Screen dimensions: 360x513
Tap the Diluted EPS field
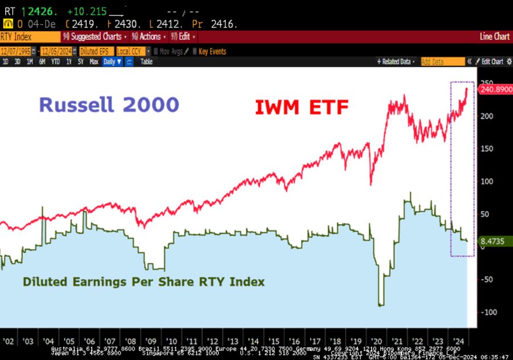pyautogui.click(x=94, y=51)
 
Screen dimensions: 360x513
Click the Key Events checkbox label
pyautogui.click(x=212, y=51)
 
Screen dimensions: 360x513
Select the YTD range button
pyautogui.click(x=55, y=62)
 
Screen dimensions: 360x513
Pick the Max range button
pyautogui.click(x=94, y=62)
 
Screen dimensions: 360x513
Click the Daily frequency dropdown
pyautogui.click(x=112, y=62)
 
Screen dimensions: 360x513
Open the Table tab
pyautogui.click(x=146, y=62)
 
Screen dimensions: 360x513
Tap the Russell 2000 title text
pyautogui.click(x=109, y=105)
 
